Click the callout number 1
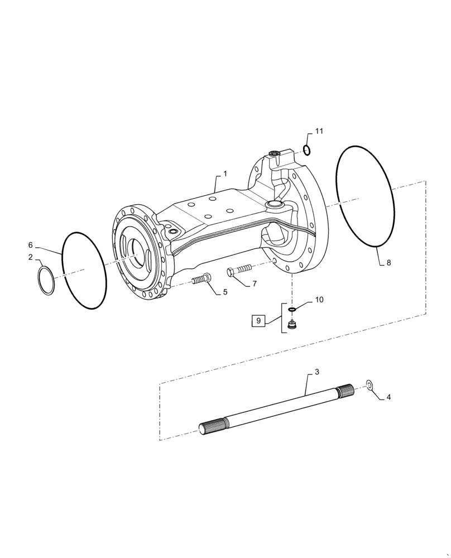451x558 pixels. (x=225, y=174)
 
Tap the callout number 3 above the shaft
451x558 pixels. (x=316, y=372)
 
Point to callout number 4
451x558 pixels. (x=389, y=397)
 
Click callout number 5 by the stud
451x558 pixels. (x=225, y=292)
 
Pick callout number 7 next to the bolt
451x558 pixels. (x=254, y=283)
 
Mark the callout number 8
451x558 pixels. (x=389, y=262)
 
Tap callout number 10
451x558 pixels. (x=319, y=300)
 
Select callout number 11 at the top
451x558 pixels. (x=319, y=132)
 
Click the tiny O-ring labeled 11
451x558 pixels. (x=307, y=149)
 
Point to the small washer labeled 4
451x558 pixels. (x=369, y=384)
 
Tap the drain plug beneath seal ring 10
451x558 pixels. (x=291, y=325)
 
